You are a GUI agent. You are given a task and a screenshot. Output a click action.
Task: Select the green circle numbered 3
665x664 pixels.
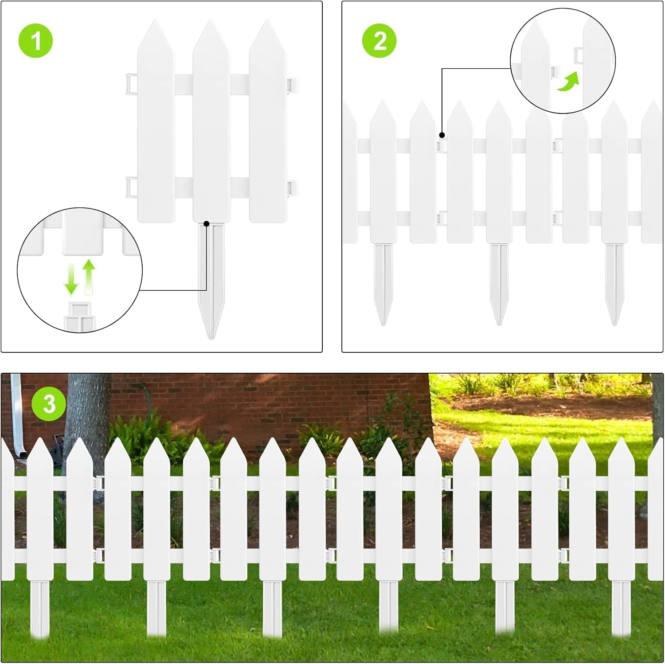tap(49, 404)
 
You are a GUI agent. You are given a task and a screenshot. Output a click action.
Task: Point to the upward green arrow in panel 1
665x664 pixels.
tap(89, 277)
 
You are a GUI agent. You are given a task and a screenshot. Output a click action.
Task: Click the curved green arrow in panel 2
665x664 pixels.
tap(568, 82)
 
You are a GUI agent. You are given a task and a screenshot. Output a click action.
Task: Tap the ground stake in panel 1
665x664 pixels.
tap(211, 281)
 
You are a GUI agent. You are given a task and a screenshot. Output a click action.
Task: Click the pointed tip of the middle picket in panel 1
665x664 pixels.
tap(211, 20)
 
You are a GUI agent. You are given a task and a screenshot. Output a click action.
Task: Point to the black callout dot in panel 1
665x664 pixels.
tap(206, 224)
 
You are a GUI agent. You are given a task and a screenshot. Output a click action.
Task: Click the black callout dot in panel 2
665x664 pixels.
tap(442, 135)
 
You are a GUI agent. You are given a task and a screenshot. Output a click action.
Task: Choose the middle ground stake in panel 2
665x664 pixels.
tap(499, 284)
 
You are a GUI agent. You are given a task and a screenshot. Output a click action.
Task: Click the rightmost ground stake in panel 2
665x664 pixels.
tap(614, 284)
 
